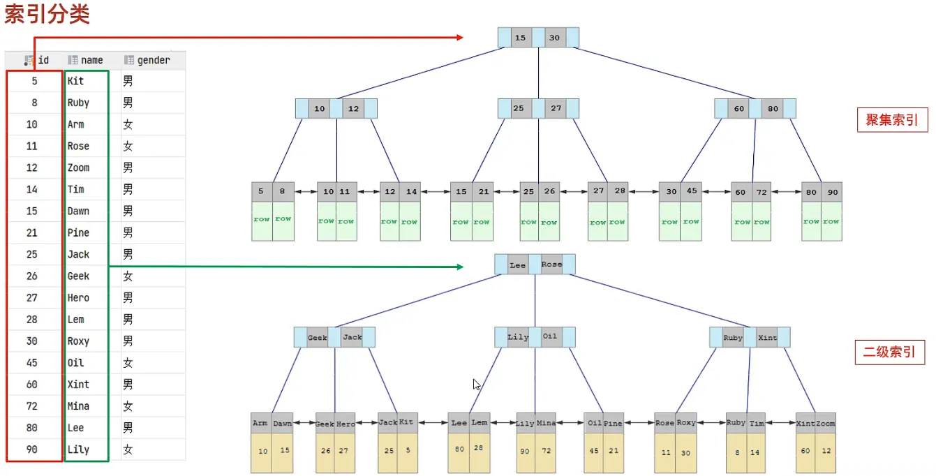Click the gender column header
(147, 60)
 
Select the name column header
(86, 60)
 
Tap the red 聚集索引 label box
(892, 120)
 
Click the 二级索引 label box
(890, 352)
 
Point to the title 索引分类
(47, 14)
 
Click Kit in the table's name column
(75, 81)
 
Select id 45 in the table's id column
(31, 363)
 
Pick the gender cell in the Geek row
(128, 276)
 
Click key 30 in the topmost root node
(554, 38)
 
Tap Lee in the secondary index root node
(518, 265)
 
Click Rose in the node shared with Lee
(551, 264)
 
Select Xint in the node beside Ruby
(767, 337)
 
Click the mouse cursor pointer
(476, 384)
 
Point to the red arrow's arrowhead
(460, 37)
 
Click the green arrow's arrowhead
(461, 267)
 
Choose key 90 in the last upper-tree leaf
(833, 192)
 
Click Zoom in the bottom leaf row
(826, 424)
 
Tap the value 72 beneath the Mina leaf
(546, 451)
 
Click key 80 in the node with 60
(773, 109)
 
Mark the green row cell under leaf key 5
(262, 221)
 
